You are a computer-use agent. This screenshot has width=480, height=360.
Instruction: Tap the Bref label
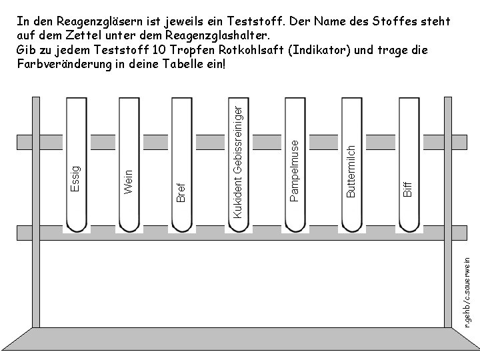coord(181,190)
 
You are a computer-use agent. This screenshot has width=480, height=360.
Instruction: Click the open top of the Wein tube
coord(129,100)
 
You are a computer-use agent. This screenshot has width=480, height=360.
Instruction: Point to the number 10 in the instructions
coord(154,51)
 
